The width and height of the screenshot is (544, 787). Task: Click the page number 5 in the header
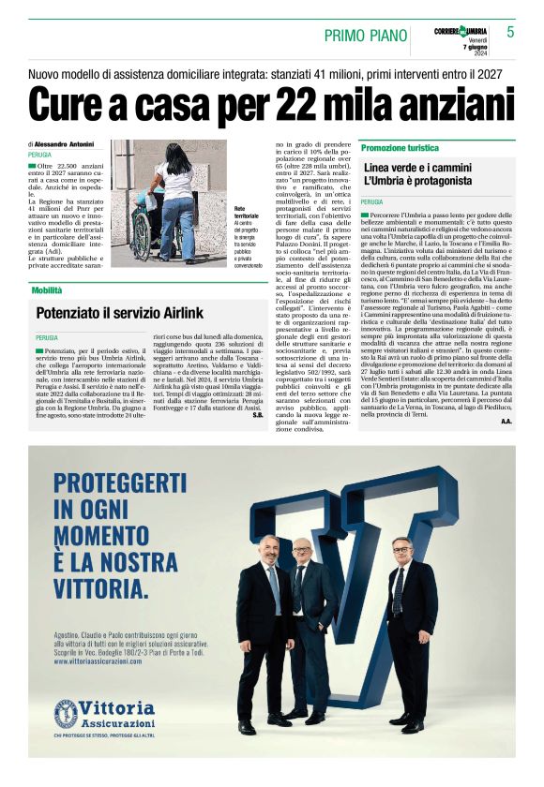pos(510,32)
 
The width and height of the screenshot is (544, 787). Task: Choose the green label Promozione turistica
pos(400,148)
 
